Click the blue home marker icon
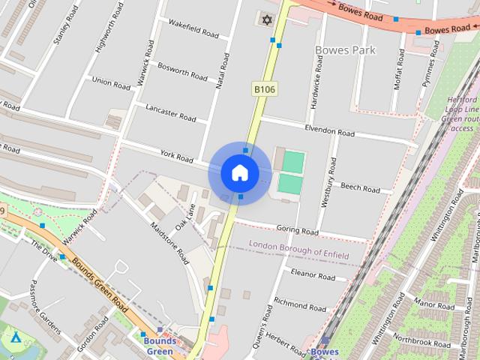click(240, 173)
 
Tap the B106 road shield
click(264, 89)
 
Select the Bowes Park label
click(345, 50)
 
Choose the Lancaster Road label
click(171, 113)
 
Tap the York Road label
click(177, 156)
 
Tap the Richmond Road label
click(300, 305)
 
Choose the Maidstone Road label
click(169, 244)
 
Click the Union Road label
click(111, 82)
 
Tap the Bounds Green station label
click(159, 346)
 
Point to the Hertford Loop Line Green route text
click(457, 113)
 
